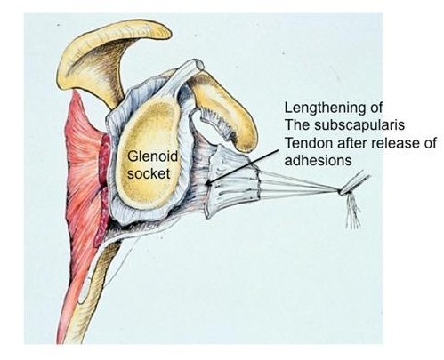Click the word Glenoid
[x=152, y=156]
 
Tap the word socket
[x=149, y=173]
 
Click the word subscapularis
[x=359, y=125]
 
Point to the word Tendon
[x=309, y=143]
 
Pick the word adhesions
[x=318, y=161]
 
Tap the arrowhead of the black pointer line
[x=209, y=183]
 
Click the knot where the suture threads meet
[x=341, y=192]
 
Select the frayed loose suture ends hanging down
[x=353, y=211]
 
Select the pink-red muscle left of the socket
[x=80, y=166]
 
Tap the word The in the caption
[x=297, y=125]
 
